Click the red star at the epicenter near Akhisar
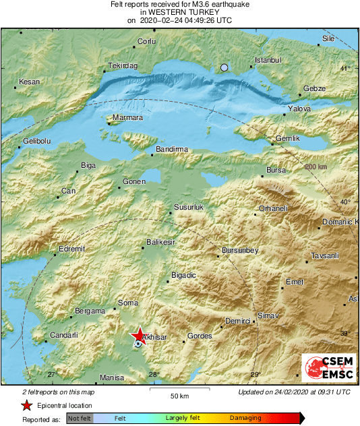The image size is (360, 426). pos(138,335)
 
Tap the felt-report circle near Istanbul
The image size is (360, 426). pos(225,67)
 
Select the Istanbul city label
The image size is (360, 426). pos(267,60)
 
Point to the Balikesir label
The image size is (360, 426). pos(160,242)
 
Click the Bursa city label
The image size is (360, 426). pos(277,171)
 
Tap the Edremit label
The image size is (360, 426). pos(71,249)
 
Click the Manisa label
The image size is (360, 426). pos(113,378)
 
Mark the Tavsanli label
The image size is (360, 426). pos(325,255)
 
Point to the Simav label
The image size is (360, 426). pos(268,315)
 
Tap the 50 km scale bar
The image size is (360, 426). pos(179,390)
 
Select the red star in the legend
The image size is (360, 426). pos(26,405)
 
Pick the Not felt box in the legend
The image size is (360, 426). pos(80,419)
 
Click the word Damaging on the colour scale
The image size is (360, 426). pos(245,419)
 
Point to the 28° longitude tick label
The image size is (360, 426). pos(154,375)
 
